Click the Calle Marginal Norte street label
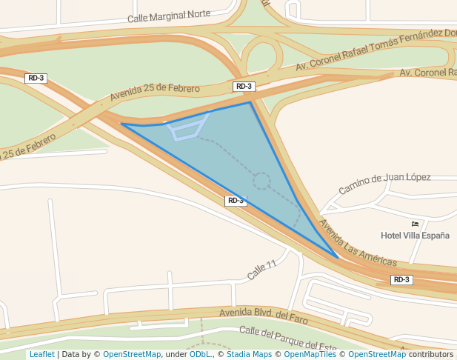169,16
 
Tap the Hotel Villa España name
415,236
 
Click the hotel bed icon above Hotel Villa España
415,224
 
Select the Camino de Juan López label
384,183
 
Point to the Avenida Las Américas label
358,241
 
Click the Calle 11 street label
261,270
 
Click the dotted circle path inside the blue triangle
261,181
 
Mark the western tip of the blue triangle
121,124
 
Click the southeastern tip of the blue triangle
338,258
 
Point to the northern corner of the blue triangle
250,102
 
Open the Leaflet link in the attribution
41,354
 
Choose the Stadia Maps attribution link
248,354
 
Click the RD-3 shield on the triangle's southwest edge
235,201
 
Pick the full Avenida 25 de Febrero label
155,93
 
